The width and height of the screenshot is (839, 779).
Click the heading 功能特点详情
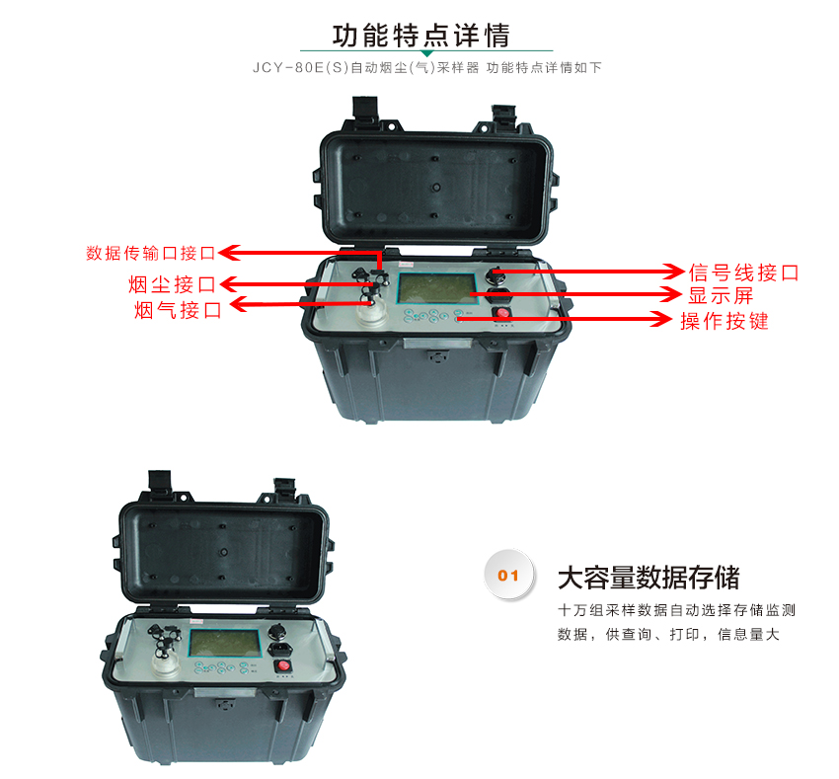point(421,36)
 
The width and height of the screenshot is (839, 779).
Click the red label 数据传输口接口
point(151,253)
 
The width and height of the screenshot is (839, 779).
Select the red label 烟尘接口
point(172,284)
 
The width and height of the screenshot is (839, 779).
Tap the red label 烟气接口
point(178,310)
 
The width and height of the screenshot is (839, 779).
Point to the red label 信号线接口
point(744,273)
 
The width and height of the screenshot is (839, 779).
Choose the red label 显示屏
point(721,295)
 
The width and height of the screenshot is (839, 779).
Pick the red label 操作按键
point(725,321)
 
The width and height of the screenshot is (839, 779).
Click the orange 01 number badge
point(508,576)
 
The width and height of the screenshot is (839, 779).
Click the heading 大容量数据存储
point(648,578)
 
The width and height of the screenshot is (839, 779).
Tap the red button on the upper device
point(501,313)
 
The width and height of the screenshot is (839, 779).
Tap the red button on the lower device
point(283,665)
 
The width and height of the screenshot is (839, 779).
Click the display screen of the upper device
point(436,288)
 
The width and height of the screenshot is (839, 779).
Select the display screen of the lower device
point(224,643)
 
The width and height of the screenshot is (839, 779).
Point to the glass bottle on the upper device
point(371,312)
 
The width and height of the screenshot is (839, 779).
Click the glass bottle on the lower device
point(166,666)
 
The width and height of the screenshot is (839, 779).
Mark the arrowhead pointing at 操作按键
point(661,319)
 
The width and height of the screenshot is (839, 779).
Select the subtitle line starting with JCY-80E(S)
point(427,68)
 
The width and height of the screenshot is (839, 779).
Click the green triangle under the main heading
point(426,53)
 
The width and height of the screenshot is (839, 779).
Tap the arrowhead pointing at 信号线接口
point(673,272)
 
